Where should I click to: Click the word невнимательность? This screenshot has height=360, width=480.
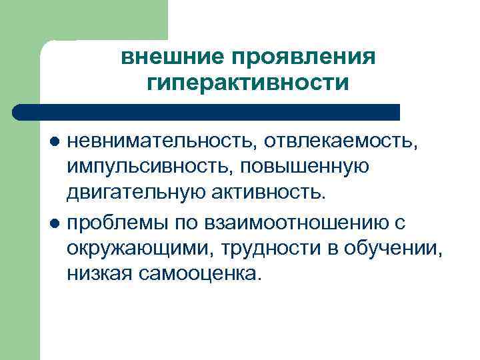click(159, 141)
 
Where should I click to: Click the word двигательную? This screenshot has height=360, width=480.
click(135, 193)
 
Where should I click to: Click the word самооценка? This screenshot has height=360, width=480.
click(198, 273)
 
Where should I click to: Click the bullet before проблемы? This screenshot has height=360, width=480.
click(56, 222)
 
